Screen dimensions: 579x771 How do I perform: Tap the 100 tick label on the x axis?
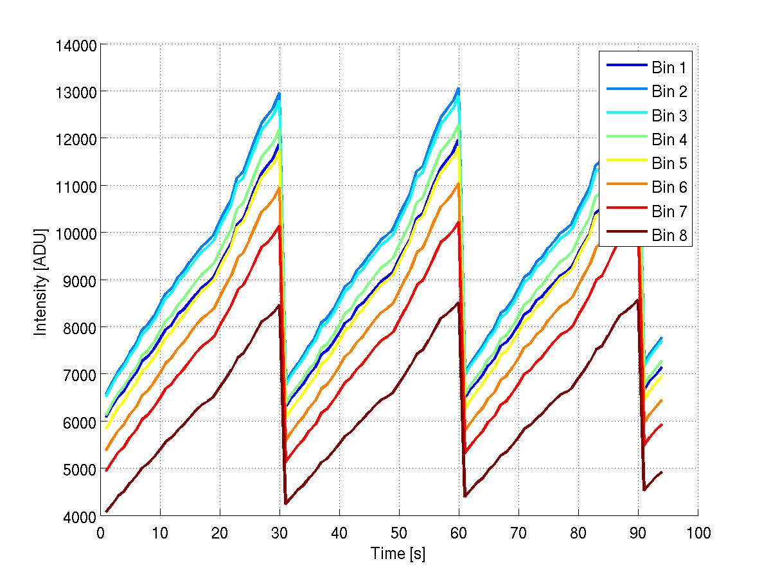698,533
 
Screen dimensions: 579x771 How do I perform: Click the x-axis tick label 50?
399,533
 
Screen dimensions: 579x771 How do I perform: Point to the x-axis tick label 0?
101,533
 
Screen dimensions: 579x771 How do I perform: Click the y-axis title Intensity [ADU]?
41,280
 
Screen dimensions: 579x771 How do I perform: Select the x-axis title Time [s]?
398,554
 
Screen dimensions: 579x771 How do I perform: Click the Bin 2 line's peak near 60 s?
458,89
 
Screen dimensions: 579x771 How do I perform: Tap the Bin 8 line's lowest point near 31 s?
285,503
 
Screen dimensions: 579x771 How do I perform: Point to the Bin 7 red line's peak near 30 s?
279,226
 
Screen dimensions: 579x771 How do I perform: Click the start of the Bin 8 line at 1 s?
107,512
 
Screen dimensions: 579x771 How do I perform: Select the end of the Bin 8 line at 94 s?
662,472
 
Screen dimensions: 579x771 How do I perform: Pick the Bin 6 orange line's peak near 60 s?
458,184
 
